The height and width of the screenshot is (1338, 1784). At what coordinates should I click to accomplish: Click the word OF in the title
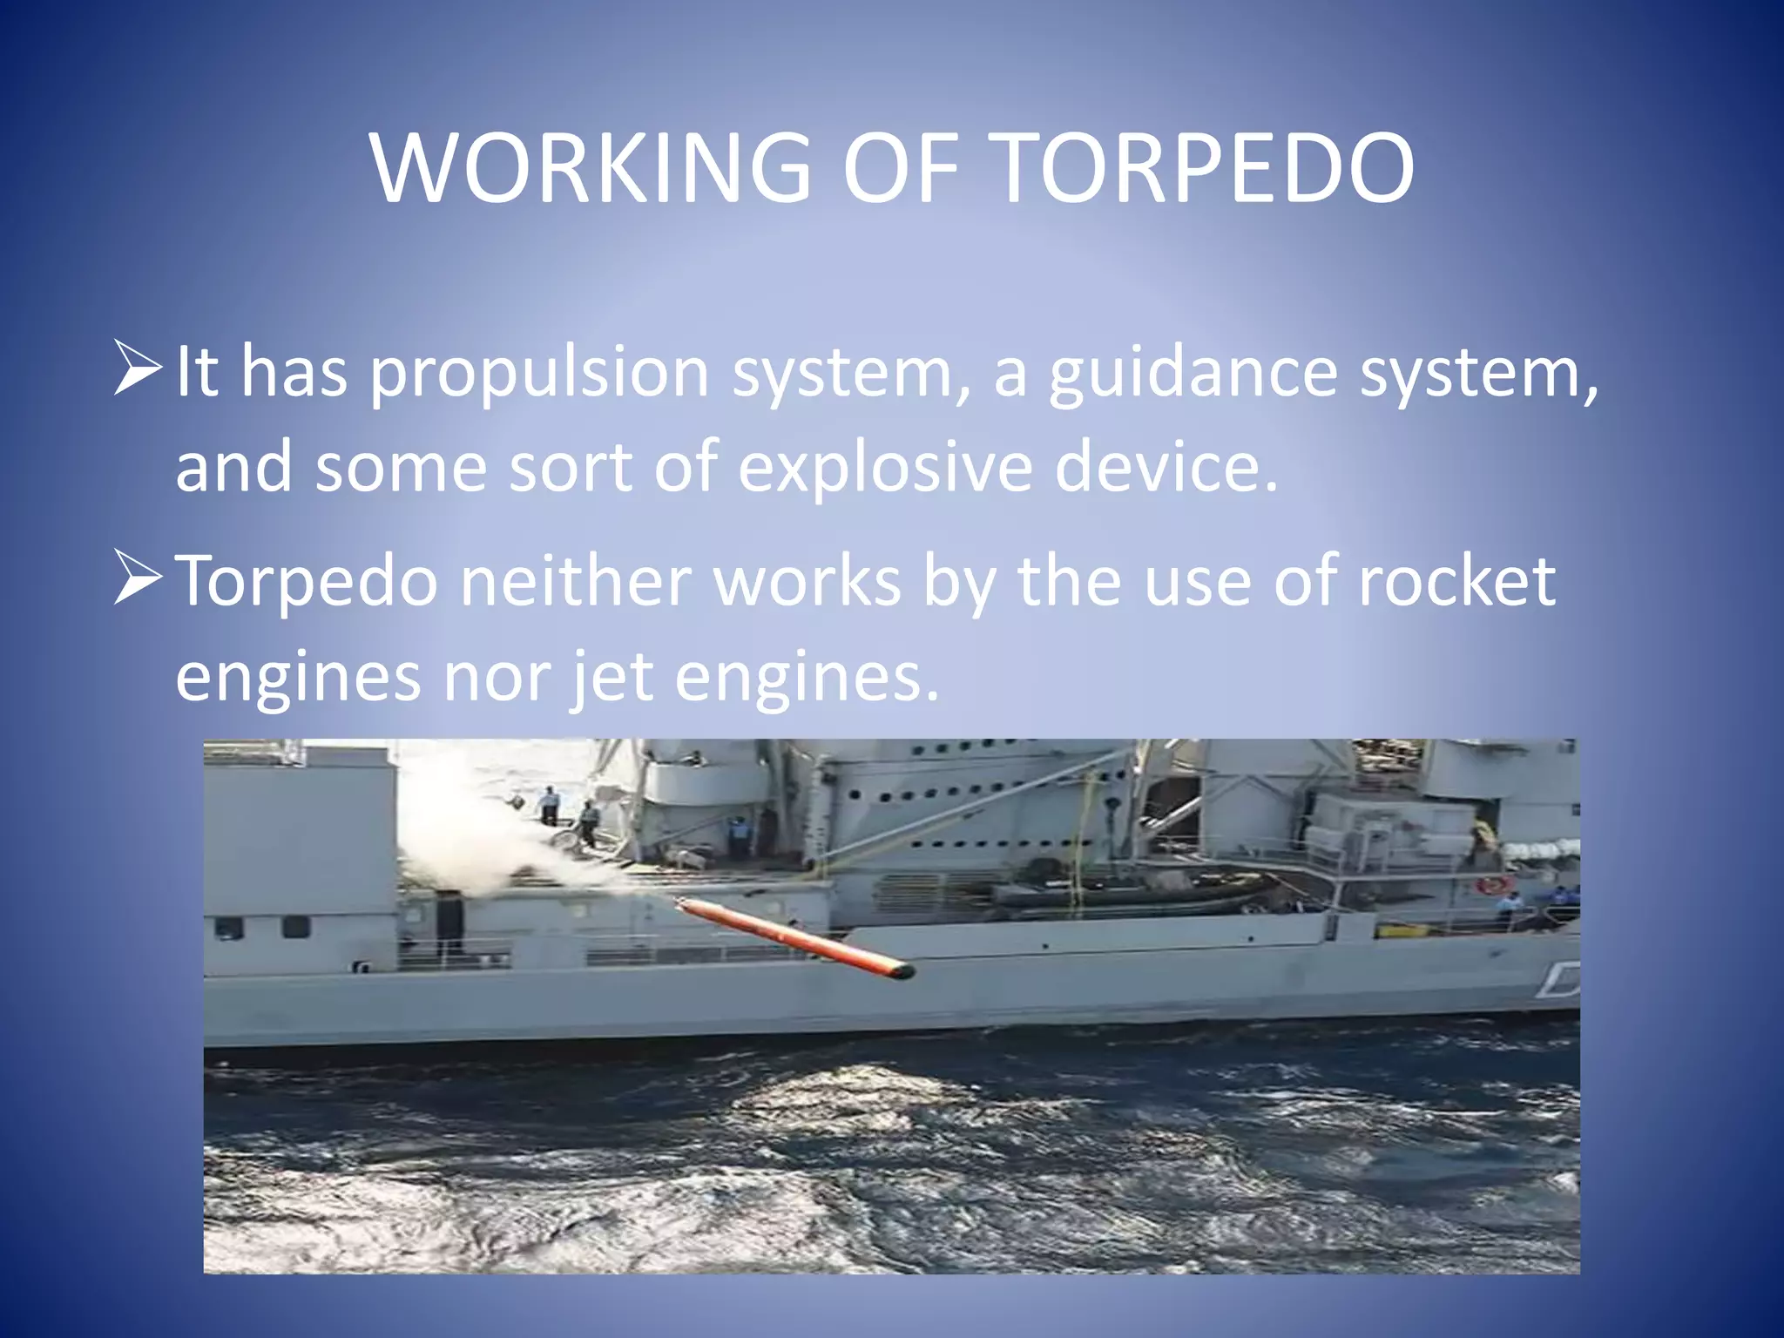[x=901, y=167]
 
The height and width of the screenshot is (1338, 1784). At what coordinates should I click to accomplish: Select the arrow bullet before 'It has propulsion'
[x=138, y=368]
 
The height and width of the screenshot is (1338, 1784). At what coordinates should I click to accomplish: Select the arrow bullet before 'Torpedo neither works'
[x=138, y=578]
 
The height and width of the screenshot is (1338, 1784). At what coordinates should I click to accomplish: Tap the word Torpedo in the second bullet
[x=307, y=581]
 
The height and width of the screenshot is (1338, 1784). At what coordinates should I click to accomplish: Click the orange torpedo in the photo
[x=793, y=937]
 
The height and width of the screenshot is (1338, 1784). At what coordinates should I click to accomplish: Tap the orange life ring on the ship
[x=1492, y=886]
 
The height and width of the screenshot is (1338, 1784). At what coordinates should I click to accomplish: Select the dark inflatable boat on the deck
[x=1132, y=894]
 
